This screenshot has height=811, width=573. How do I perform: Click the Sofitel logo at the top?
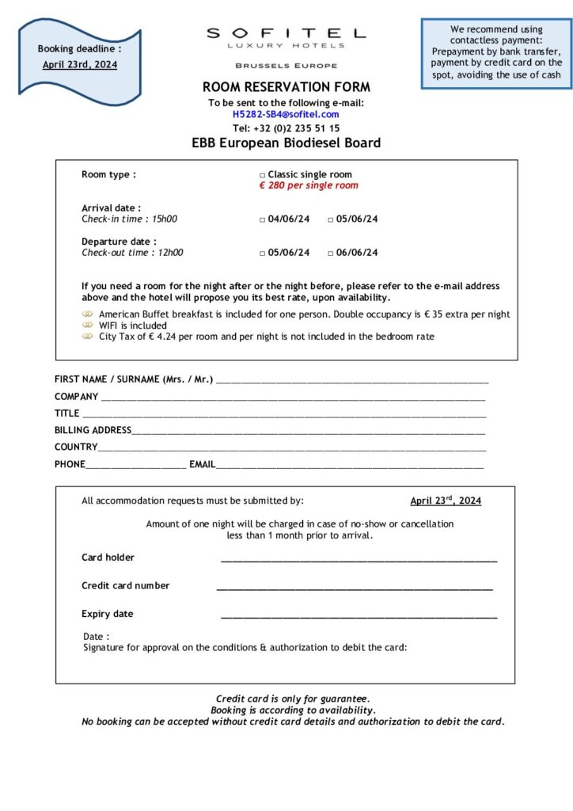[x=286, y=39]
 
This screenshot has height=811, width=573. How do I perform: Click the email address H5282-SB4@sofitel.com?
[x=286, y=115]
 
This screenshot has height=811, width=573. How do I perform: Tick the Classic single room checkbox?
[x=263, y=175]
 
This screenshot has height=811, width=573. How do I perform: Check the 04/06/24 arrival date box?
[x=263, y=219]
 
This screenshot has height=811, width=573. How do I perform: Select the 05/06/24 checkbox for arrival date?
[x=331, y=219]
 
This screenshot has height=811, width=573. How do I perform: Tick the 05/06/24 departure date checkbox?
[x=263, y=253]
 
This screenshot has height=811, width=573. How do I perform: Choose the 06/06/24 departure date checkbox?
[x=331, y=253]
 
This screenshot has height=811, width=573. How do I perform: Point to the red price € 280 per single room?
[x=309, y=186]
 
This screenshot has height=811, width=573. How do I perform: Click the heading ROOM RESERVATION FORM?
[x=286, y=87]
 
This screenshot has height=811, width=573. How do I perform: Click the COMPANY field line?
[x=292, y=398]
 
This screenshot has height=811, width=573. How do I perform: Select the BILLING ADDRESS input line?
[x=308, y=432]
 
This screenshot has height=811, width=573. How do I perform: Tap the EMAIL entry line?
[x=349, y=466]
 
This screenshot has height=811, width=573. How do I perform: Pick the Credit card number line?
[x=355, y=588]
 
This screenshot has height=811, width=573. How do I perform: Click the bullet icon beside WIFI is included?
[x=88, y=326]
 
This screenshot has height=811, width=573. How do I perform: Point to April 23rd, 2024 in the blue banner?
[x=79, y=65]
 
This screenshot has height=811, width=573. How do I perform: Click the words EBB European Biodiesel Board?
[x=286, y=143]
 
